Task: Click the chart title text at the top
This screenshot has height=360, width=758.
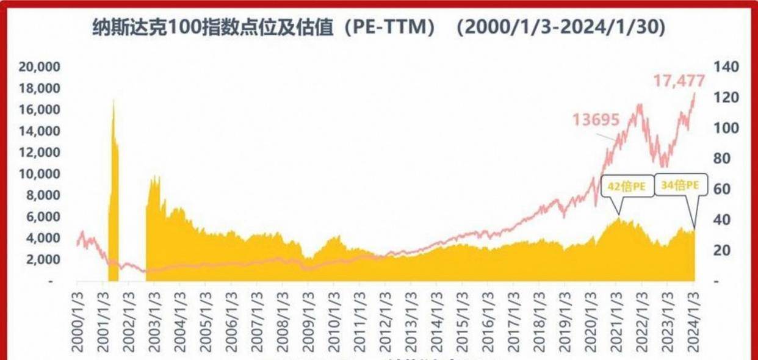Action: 378,27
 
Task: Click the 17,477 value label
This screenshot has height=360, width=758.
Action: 679,81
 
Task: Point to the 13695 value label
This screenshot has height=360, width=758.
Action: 596,120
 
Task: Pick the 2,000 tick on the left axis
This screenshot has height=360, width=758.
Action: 43,259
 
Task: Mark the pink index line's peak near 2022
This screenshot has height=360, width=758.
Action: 640,105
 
